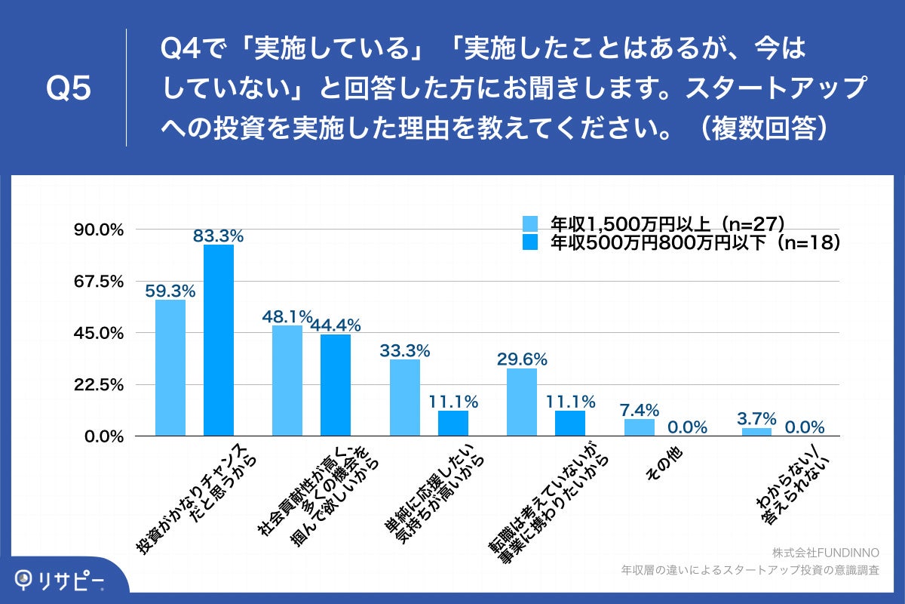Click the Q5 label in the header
[69, 89]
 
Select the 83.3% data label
[218, 236]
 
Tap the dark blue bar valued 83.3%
[219, 341]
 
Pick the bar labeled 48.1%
[287, 381]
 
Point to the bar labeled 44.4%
[336, 385]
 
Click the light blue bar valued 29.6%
[522, 402]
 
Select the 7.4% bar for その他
[640, 427]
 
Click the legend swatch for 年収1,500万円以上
[530, 223]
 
